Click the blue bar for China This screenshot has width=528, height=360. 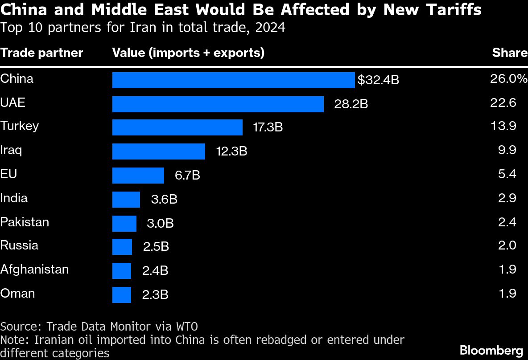[x=233, y=80]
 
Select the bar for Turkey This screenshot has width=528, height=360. [x=177, y=127]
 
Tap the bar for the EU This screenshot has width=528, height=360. [x=138, y=176]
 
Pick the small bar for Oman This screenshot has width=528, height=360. [x=122, y=295]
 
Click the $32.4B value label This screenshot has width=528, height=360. [x=378, y=81]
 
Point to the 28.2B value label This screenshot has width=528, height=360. [x=351, y=104]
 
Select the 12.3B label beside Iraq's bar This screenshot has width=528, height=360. [x=231, y=151]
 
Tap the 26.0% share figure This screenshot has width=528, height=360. [x=508, y=79]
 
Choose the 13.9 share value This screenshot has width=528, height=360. [x=507, y=126]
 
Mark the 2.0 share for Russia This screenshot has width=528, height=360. [x=507, y=245]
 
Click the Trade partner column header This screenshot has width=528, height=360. [x=41, y=53]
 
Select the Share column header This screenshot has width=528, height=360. [x=510, y=53]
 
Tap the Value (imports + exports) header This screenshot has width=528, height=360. [x=188, y=53]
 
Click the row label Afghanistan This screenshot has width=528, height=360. [x=34, y=269]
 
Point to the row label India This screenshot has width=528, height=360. [x=14, y=197]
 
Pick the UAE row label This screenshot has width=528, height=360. [x=12, y=102]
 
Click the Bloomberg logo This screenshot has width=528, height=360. [x=491, y=350]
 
